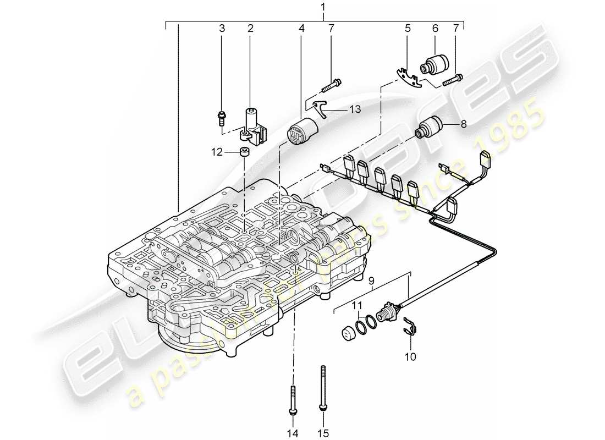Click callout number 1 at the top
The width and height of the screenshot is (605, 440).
click(323, 7)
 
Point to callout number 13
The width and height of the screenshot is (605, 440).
click(355, 110)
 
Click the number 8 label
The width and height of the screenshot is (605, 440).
click(463, 125)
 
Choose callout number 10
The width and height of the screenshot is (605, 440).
click(410, 356)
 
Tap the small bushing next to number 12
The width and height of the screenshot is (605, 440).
click(245, 152)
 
